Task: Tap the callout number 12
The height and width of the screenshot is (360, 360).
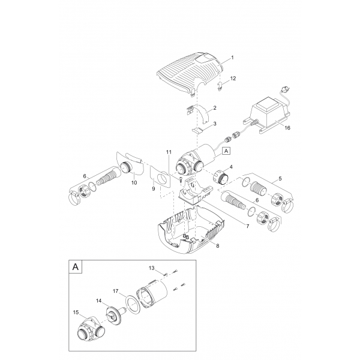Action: pyautogui.click(x=233, y=79)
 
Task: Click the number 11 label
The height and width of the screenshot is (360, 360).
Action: pyautogui.click(x=169, y=151)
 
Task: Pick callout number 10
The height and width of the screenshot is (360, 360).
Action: pyautogui.click(x=134, y=182)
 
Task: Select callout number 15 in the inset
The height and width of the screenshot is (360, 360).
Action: pyautogui.click(x=76, y=312)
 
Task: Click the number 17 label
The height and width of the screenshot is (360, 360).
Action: pyautogui.click(x=115, y=290)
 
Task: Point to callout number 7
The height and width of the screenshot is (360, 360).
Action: pyautogui.click(x=248, y=226)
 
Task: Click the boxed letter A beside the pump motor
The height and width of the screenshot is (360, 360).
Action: pyautogui.click(x=226, y=152)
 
